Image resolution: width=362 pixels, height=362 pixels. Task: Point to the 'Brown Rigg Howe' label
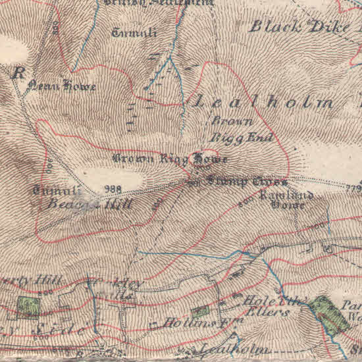(170, 159)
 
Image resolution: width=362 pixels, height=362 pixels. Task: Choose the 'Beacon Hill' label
(90, 204)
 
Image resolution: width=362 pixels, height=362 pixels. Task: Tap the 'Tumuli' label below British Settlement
(134, 32)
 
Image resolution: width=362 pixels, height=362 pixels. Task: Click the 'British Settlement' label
(158, 3)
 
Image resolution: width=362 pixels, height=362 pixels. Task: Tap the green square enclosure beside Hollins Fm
(199, 313)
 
